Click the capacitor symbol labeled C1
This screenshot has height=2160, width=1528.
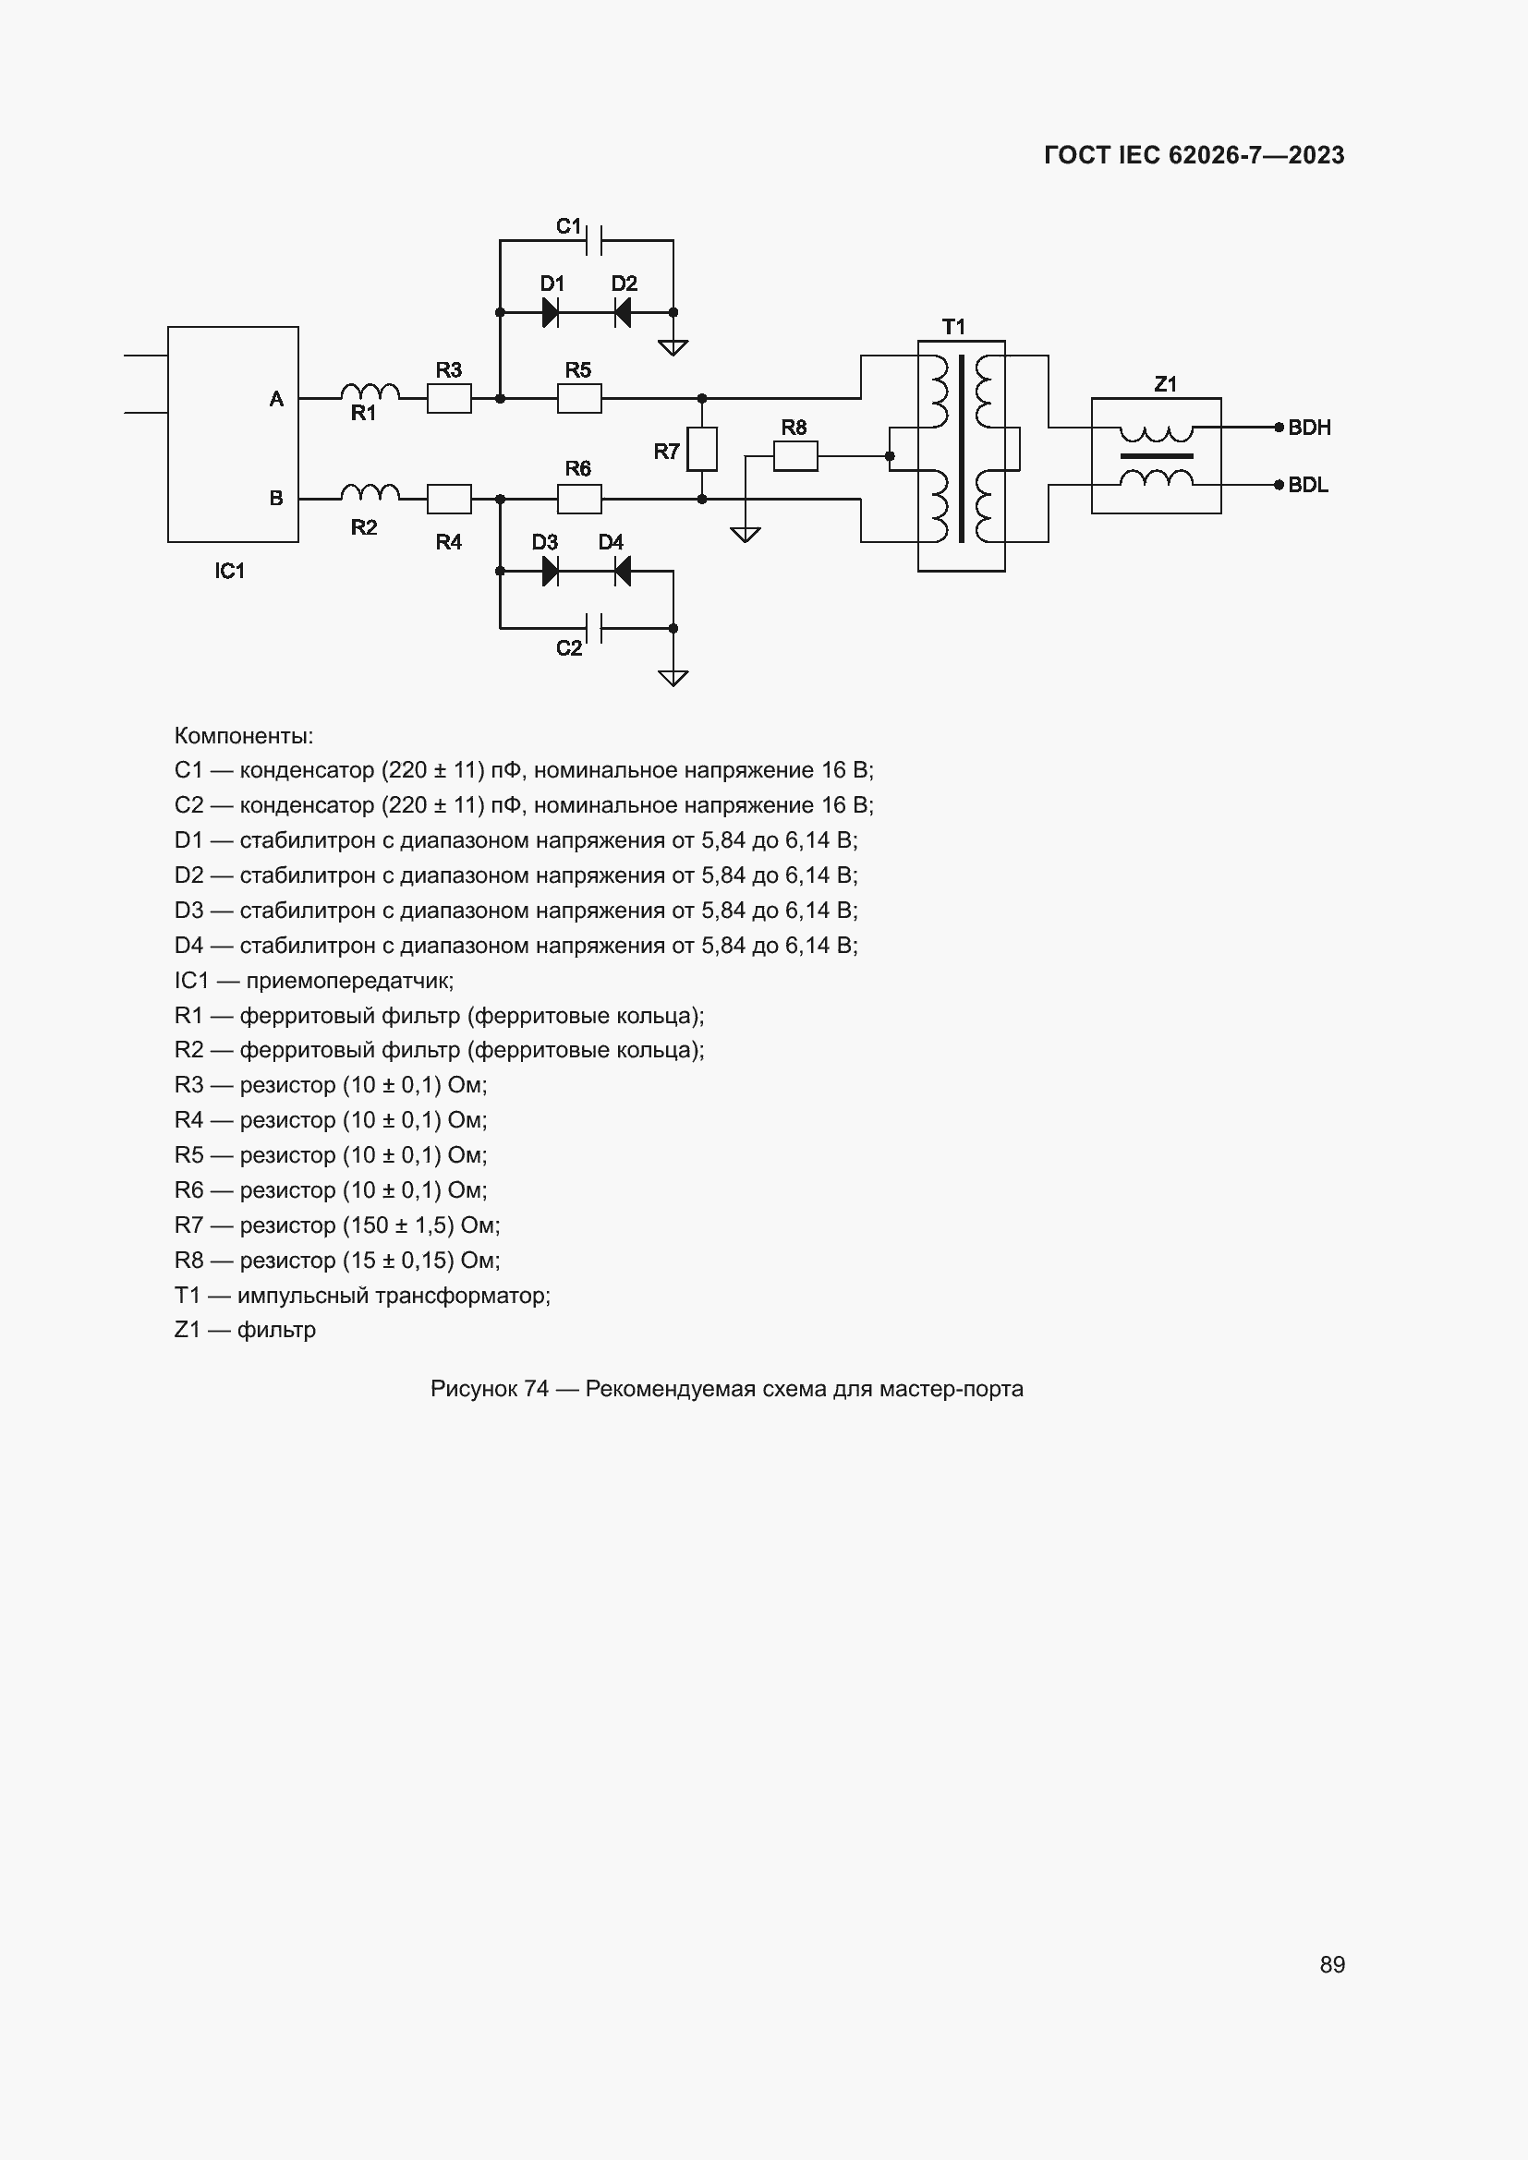[594, 241]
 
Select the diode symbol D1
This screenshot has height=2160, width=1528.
[551, 312]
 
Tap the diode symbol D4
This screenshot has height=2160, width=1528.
[622, 571]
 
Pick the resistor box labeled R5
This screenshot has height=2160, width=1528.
[578, 399]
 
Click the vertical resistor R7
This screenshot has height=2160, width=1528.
[702, 449]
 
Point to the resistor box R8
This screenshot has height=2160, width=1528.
[795, 457]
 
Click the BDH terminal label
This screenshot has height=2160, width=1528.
[1309, 428]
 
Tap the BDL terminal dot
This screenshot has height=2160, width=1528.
[1279, 486]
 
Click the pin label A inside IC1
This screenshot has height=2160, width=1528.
[276, 399]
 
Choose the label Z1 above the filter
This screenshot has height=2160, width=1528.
[1165, 384]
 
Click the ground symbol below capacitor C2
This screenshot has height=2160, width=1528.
[673, 677]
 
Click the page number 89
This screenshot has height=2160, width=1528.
[1331, 1965]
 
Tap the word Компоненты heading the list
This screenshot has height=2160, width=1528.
[243, 736]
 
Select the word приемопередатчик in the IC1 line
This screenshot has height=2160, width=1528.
[349, 982]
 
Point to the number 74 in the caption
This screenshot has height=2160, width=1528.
[536, 1389]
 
